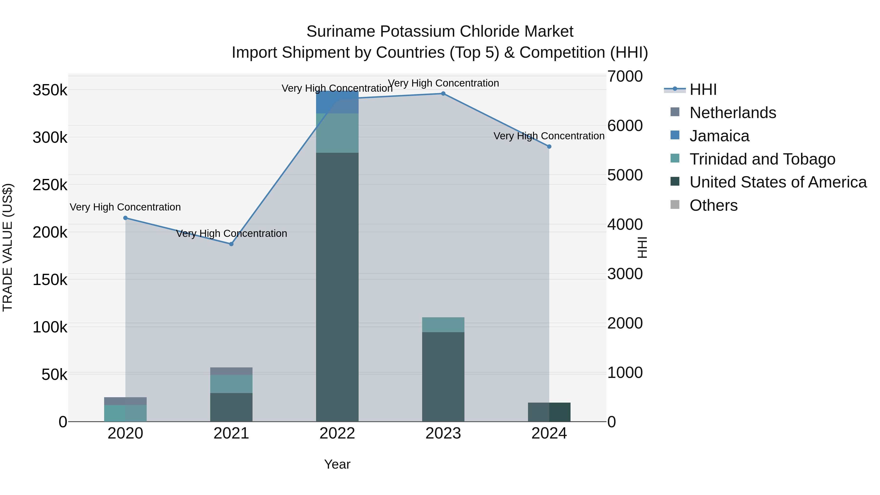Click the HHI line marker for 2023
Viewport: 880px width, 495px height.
tap(443, 93)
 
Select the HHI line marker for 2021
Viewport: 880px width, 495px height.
tap(231, 244)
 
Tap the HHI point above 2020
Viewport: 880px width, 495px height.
tap(125, 218)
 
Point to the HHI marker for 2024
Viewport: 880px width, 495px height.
tap(549, 147)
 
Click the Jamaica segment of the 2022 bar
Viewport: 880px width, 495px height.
tap(337, 102)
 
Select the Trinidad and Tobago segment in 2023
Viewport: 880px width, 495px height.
tap(443, 325)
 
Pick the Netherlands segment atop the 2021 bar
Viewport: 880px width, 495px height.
tap(231, 371)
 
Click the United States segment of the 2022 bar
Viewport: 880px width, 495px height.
tap(337, 287)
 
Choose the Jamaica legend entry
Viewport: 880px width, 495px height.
tap(719, 136)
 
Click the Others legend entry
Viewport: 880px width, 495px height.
tap(713, 205)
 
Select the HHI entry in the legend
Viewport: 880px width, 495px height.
tap(703, 89)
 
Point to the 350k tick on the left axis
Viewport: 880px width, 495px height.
tap(50, 90)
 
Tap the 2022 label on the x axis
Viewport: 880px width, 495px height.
tap(337, 433)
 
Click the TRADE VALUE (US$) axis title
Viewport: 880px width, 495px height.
tap(8, 247)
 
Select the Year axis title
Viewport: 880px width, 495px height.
tap(337, 464)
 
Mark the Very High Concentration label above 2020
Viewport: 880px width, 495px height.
tap(125, 207)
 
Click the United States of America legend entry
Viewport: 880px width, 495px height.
tap(778, 182)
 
